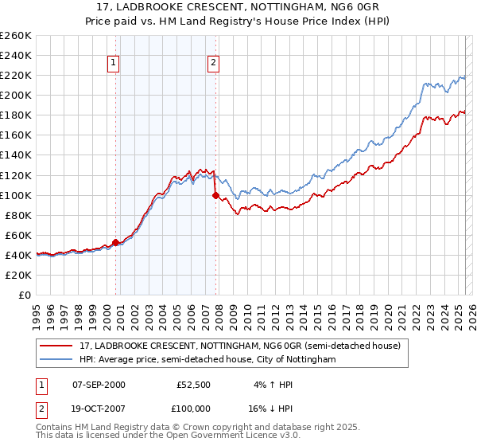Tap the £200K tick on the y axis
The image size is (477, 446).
pos(15,95)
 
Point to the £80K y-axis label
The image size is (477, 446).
pos(17,215)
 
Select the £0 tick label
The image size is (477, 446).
pos(25,295)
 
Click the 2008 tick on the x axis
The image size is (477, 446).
pos(219,311)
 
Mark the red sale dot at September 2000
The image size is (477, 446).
pos(115,242)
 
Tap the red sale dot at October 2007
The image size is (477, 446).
pos(215,194)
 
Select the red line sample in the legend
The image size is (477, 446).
pos(56,346)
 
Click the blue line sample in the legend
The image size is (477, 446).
pos(56,360)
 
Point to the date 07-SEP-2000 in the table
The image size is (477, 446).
pos(99,384)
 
